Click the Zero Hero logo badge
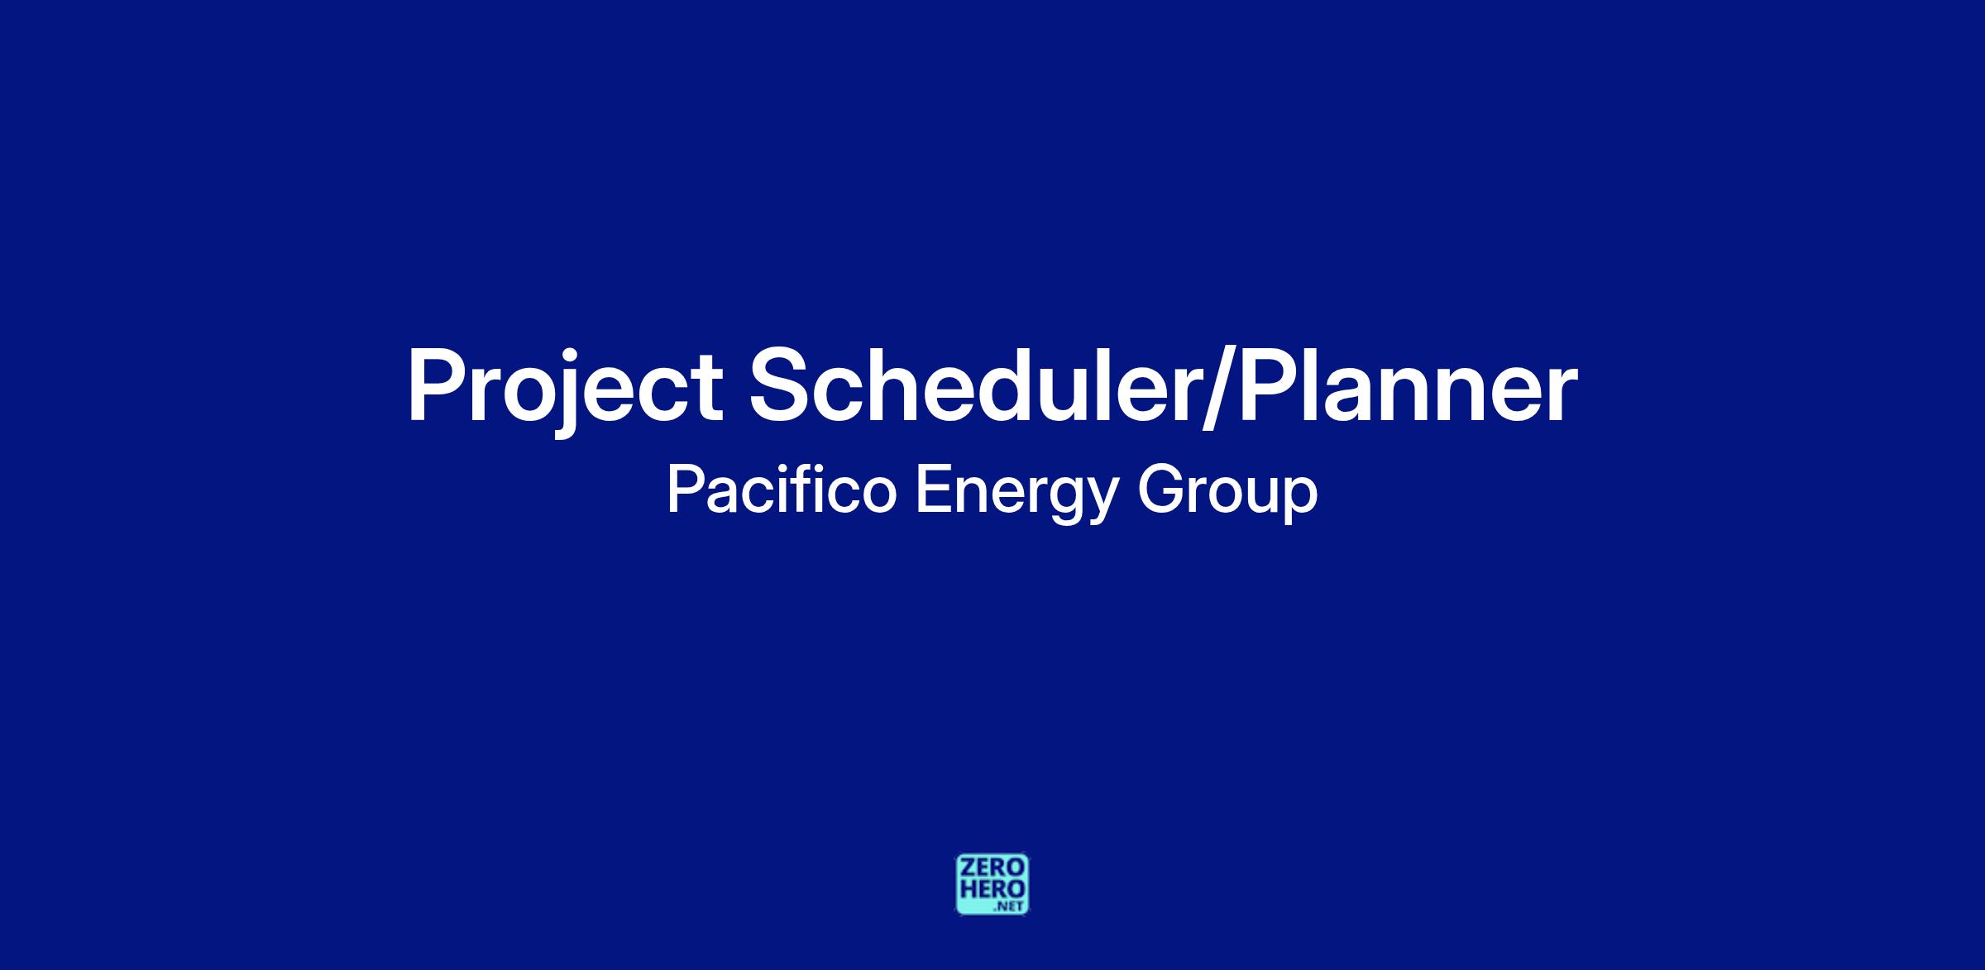(992, 885)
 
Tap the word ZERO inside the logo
(992, 868)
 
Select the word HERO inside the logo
(992, 889)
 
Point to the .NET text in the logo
(1010, 907)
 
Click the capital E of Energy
(934, 490)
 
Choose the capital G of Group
(1160, 490)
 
